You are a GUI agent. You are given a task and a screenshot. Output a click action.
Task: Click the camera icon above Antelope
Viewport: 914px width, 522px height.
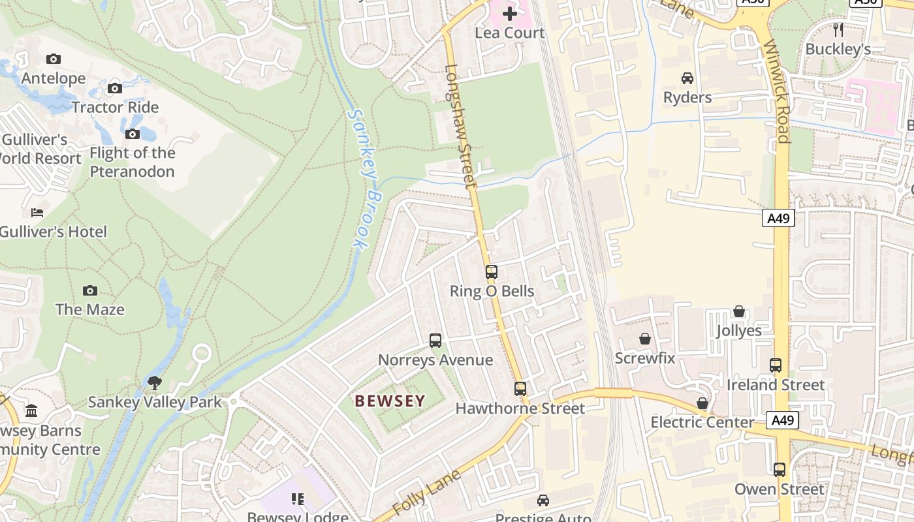pyautogui.click(x=54, y=59)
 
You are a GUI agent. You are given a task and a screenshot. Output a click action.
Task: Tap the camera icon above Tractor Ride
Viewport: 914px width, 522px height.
pyautogui.click(x=115, y=88)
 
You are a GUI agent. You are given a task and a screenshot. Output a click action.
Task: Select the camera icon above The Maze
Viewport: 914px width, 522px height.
pyautogui.click(x=90, y=290)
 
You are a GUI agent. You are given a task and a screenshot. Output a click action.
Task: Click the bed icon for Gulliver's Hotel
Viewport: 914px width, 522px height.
pyautogui.click(x=37, y=213)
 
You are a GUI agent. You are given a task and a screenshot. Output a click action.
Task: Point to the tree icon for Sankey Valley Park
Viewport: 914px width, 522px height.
pyautogui.click(x=155, y=382)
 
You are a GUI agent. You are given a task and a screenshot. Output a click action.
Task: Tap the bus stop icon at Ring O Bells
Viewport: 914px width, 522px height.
pyautogui.click(x=492, y=272)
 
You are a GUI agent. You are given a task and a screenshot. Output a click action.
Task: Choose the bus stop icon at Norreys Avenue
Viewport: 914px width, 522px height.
pyautogui.click(x=435, y=341)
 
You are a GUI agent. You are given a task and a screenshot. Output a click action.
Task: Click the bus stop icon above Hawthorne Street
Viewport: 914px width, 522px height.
pyautogui.click(x=520, y=389)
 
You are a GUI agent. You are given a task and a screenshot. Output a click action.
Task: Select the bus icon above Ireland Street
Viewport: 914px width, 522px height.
pyautogui.click(x=776, y=365)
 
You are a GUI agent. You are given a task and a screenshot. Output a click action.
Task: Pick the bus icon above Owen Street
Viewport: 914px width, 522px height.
pyautogui.click(x=780, y=470)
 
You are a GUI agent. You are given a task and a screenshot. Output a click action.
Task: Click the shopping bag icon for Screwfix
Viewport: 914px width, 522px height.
pyautogui.click(x=645, y=339)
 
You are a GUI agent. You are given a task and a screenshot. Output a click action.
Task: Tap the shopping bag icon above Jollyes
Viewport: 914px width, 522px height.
pyautogui.click(x=739, y=311)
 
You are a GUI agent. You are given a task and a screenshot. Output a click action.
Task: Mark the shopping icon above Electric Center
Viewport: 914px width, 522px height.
pyautogui.click(x=702, y=403)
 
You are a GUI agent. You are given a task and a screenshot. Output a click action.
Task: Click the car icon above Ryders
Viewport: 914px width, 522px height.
pyautogui.click(x=687, y=78)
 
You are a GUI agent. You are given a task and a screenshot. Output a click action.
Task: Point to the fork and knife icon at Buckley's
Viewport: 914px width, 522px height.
pyautogui.click(x=838, y=29)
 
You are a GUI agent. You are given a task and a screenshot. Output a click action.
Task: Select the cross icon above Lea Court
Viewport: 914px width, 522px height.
pyautogui.click(x=510, y=13)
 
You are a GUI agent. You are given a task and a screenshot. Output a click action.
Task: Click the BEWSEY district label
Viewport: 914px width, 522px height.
pyautogui.click(x=390, y=401)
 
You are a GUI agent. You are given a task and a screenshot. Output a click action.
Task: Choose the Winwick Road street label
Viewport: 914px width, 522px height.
pyautogui.click(x=776, y=91)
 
